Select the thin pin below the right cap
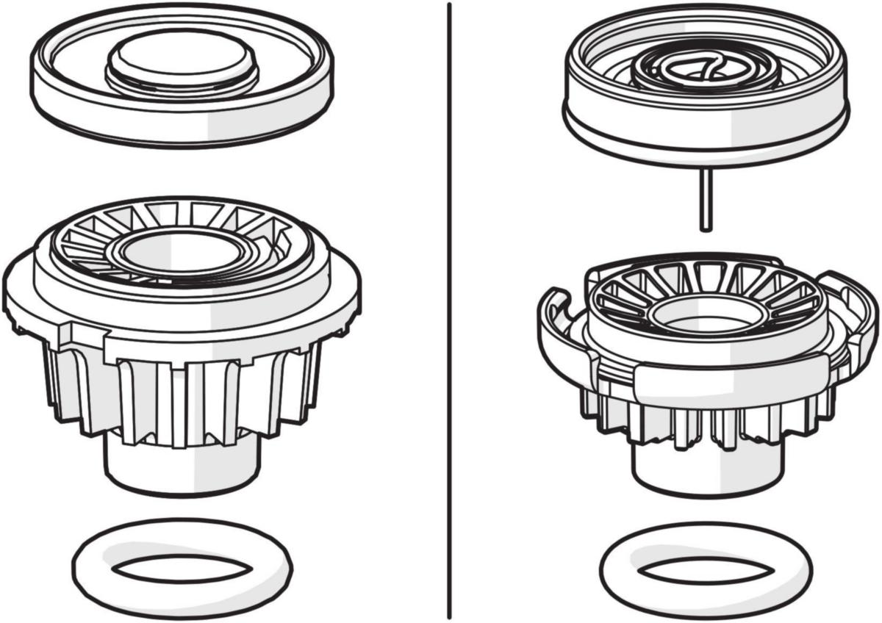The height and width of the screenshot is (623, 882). point(705,198)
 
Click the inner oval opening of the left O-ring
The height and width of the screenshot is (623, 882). point(181,568)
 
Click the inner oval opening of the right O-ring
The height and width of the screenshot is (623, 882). point(705,570)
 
